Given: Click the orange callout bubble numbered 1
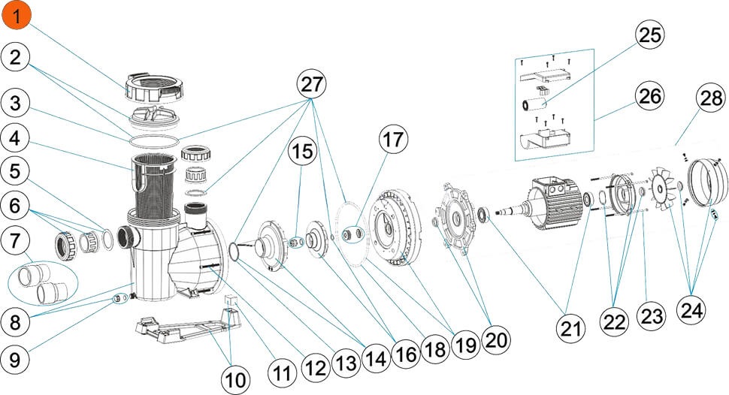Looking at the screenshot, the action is coord(17,17).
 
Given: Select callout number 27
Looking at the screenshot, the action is coord(311,85).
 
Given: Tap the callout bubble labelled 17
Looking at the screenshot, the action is coord(393,140).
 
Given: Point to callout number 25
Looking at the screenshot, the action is coord(649,35).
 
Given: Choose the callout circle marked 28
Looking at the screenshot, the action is coord(710,98).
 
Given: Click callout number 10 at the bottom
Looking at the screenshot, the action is coord(236,380).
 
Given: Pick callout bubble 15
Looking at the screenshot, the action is coord(303,152).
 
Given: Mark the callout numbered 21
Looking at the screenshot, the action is coord(571,328).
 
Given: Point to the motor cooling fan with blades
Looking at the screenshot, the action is coord(660,188).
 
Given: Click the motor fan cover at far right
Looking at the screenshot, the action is coord(707,182).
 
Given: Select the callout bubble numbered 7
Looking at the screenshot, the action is coord(15,241).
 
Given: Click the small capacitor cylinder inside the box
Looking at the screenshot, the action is coord(537,104).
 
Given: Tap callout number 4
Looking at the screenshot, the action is coord(15,138).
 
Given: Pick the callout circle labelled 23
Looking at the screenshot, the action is coord(651,316).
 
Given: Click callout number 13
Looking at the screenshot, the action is coord(346,363).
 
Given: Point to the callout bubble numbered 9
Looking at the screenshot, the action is coord(15,359).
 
